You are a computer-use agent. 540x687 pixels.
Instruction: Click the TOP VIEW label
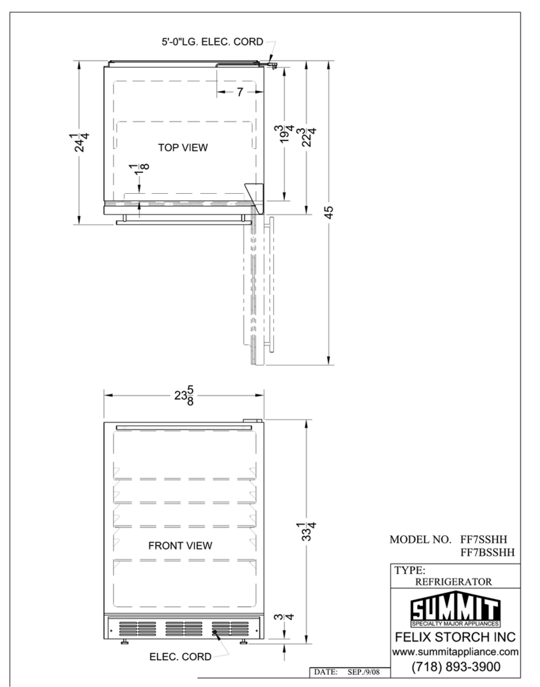point(182,148)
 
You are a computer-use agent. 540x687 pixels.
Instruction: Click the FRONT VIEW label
point(180,546)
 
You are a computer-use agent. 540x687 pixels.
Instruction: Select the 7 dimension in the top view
point(240,92)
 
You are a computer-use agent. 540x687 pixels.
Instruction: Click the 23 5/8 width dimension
point(184,396)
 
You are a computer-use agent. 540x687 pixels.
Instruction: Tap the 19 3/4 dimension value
point(287,134)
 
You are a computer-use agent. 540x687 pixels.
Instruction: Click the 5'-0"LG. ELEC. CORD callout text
point(213,42)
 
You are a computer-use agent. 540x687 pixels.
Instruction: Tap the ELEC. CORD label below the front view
point(180,657)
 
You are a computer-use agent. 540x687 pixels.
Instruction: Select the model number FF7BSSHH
point(487,553)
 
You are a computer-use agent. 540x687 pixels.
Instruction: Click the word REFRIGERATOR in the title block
point(454,582)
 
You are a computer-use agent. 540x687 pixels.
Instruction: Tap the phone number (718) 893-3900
point(455,667)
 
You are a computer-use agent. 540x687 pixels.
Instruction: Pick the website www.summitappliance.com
point(455,652)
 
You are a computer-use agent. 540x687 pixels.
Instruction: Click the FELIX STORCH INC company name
point(455,637)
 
